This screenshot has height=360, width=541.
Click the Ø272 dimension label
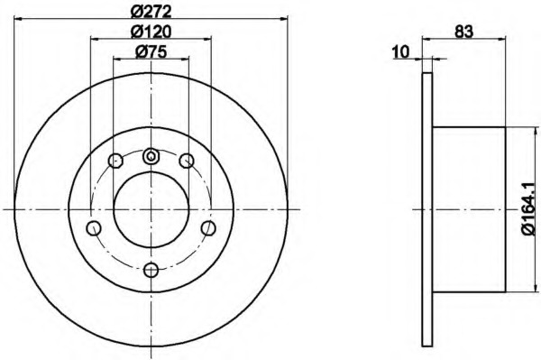(x=151, y=13)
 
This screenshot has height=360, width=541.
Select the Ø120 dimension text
(x=151, y=32)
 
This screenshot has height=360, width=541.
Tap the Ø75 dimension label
(x=151, y=52)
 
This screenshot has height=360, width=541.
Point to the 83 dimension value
(x=463, y=32)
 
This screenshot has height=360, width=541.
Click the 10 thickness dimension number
(x=400, y=52)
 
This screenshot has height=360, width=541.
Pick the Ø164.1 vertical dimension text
(x=530, y=208)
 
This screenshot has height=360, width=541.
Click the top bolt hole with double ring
(x=151, y=156)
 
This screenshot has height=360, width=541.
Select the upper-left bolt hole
(x=115, y=161)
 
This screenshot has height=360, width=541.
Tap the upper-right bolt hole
(x=187, y=161)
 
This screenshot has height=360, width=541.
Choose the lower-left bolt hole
(x=94, y=228)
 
